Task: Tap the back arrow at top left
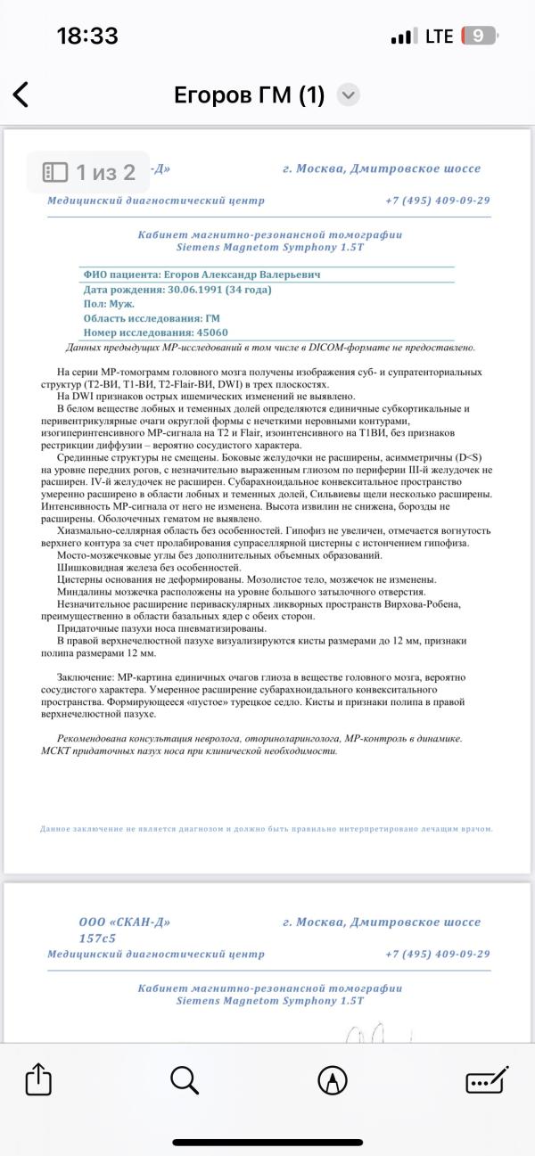pos(21,94)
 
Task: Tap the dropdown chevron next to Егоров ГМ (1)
pos(349,95)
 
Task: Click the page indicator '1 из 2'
pos(90,171)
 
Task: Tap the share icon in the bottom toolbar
pos(39,1080)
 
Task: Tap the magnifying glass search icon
pos(184,1080)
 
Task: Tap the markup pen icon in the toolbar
pos(333,1080)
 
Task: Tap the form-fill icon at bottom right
pos(486,1080)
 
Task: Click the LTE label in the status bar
pos(439,37)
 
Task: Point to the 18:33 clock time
pos(87,37)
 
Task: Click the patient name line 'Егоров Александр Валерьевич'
pos(237,275)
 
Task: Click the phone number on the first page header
pos(437,201)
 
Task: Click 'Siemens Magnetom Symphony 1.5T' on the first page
pos(269,247)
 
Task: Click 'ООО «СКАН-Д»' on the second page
pos(125,922)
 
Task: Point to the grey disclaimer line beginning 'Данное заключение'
pos(267,829)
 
